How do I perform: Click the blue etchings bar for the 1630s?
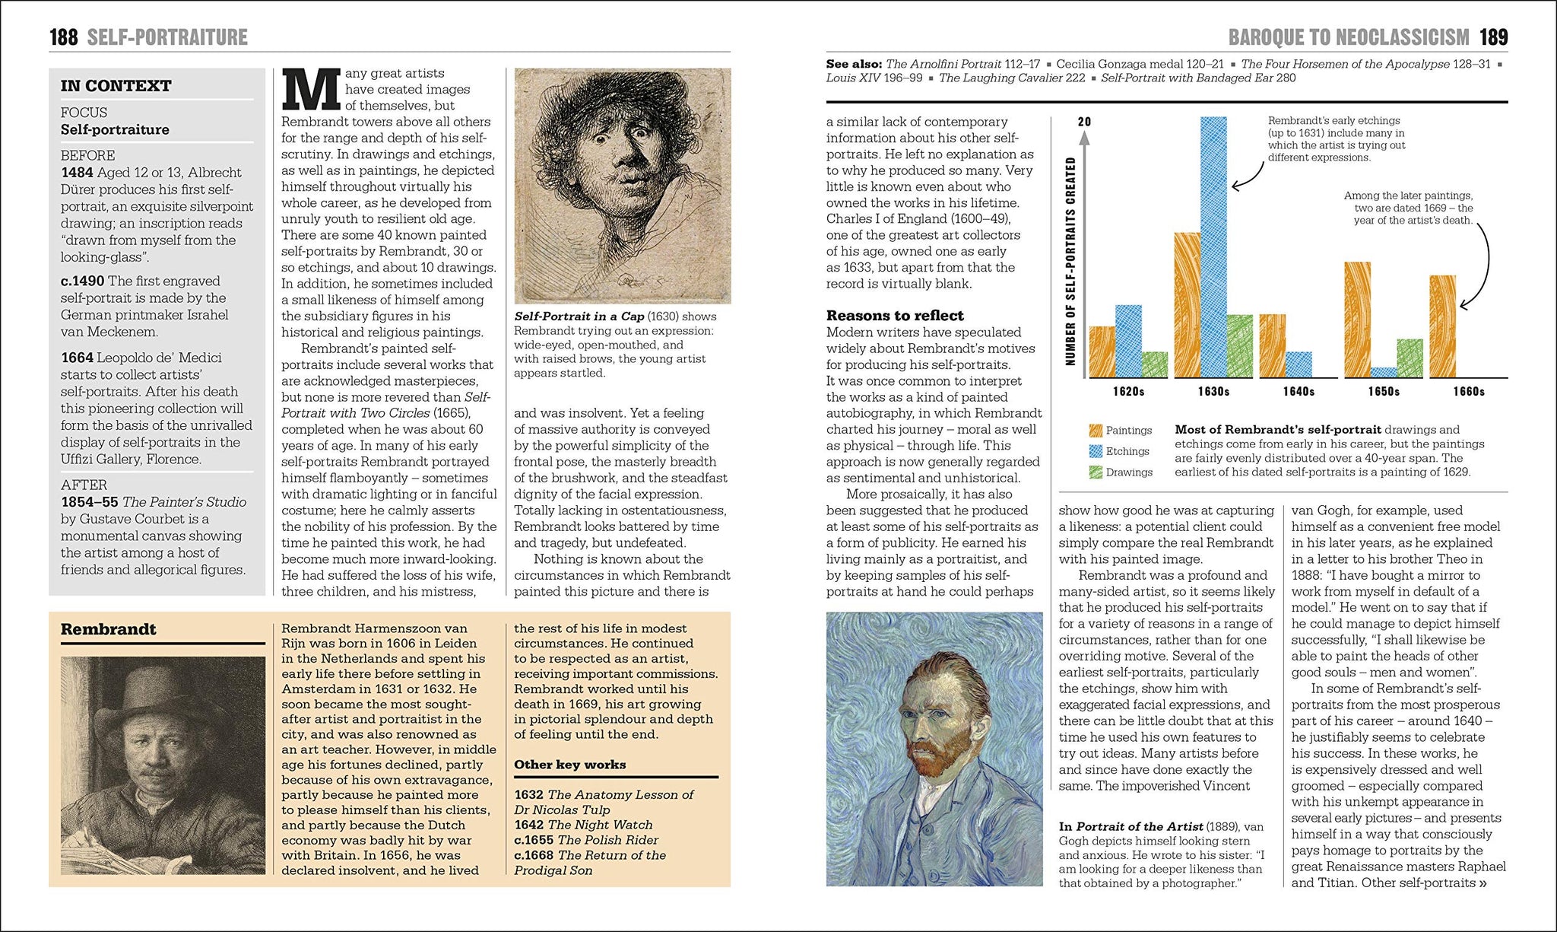[1213, 247]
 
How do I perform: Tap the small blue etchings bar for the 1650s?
[1384, 372]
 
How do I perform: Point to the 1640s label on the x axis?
[1299, 391]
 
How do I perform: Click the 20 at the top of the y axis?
[1085, 122]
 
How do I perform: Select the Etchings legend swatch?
[1096, 451]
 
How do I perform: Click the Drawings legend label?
[1129, 472]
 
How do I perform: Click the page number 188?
[64, 37]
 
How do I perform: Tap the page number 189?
[1493, 37]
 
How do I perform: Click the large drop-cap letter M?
[310, 89]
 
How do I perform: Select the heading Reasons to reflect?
[895, 316]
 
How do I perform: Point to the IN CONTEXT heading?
[116, 86]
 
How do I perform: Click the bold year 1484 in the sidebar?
[77, 173]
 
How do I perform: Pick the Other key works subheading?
[569, 765]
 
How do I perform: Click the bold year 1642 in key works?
[528, 825]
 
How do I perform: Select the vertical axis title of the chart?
[1070, 261]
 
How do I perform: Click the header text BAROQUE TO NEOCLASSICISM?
[1349, 37]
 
